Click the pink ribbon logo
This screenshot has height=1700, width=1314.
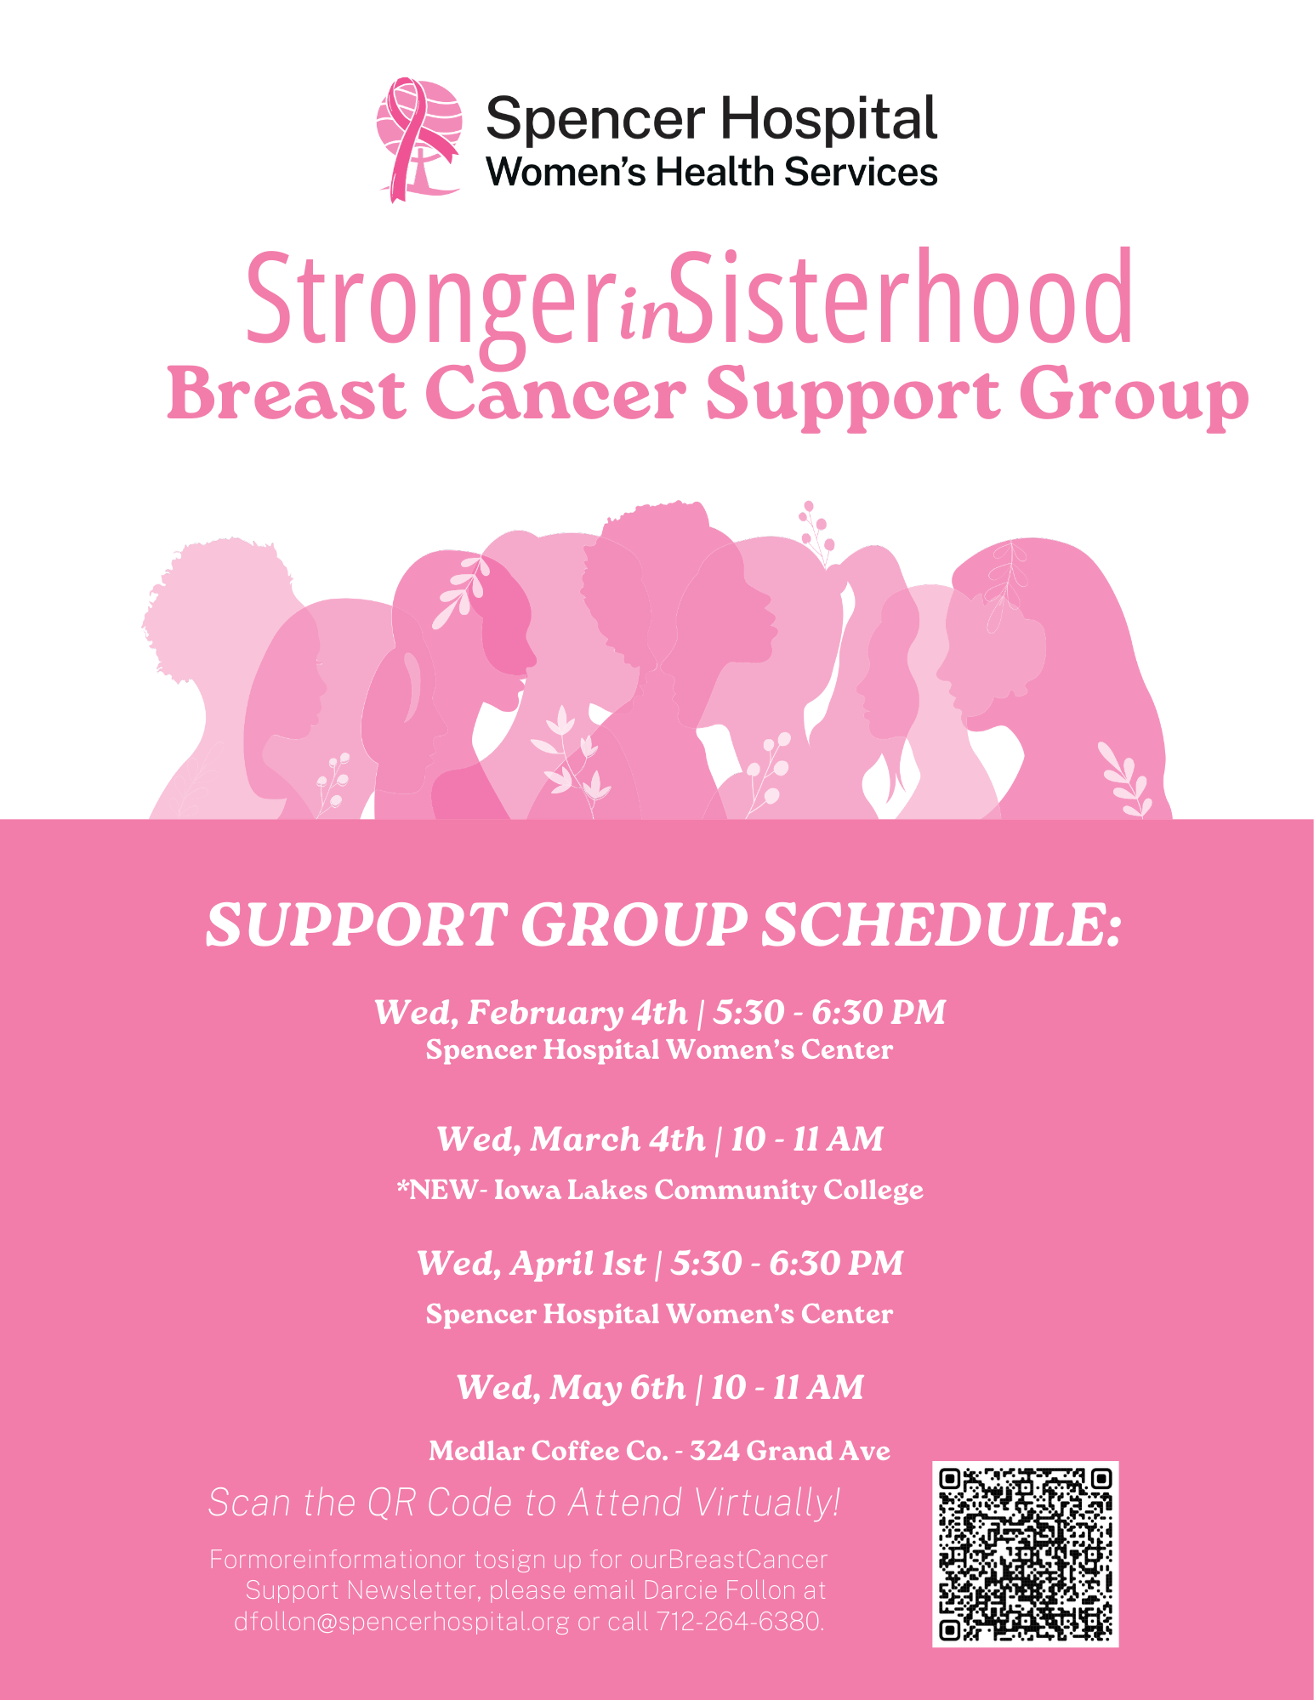tap(419, 139)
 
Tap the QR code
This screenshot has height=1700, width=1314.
tap(1025, 1554)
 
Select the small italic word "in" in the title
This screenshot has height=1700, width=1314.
tap(647, 316)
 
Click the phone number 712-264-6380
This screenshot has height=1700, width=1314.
tap(738, 1621)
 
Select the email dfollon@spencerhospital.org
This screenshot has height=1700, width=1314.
tap(401, 1622)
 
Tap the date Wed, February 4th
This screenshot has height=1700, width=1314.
tap(531, 1012)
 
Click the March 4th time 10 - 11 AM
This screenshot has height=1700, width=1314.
tap(807, 1139)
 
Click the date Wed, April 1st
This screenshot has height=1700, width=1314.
tap(531, 1264)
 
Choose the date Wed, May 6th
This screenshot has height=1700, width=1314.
tap(571, 1388)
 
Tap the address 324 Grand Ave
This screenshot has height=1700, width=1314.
tap(790, 1450)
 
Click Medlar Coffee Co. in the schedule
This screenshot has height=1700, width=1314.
tap(548, 1450)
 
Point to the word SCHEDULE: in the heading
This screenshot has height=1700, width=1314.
tap(941, 924)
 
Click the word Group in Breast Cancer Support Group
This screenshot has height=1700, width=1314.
tap(1134, 395)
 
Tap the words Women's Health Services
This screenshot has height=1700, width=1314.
tap(712, 172)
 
